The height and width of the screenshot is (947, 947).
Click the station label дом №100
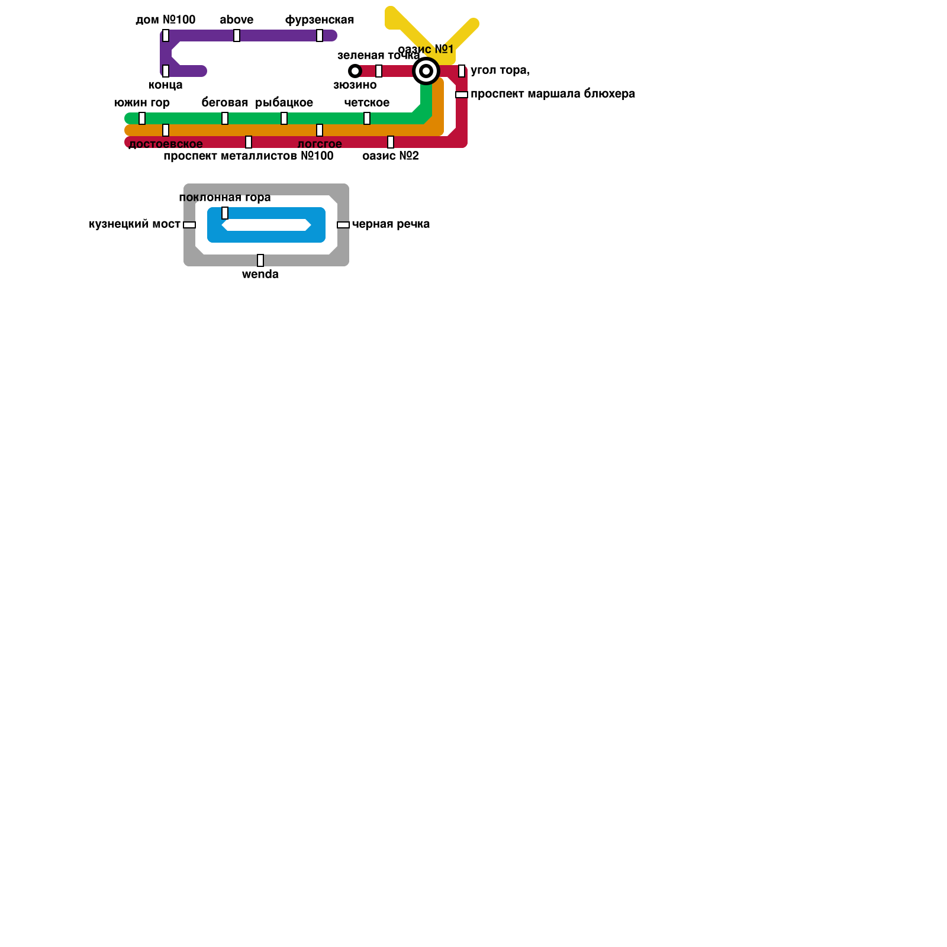(165, 20)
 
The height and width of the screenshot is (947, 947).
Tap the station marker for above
(237, 36)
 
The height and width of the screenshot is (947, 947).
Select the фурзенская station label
(320, 20)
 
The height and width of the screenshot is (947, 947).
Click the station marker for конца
(166, 71)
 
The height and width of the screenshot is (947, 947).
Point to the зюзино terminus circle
(355, 71)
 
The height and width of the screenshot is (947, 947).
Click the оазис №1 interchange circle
(426, 71)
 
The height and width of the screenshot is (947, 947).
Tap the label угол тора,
(500, 70)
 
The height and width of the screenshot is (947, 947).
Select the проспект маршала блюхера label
(553, 94)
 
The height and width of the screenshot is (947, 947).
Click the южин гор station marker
(142, 118)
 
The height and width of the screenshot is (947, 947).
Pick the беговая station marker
(225, 118)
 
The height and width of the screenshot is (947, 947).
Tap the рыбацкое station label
(284, 103)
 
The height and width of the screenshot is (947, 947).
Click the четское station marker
(367, 118)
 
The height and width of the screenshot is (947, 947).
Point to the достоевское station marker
(166, 130)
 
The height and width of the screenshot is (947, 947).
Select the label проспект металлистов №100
(249, 156)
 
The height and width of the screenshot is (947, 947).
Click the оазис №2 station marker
(391, 142)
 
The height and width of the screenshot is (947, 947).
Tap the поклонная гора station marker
(225, 213)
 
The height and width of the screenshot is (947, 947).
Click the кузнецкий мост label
(134, 224)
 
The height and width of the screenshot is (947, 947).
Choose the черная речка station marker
(343, 225)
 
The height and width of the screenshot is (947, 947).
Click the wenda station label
(260, 275)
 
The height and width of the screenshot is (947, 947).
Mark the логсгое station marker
(320, 130)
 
